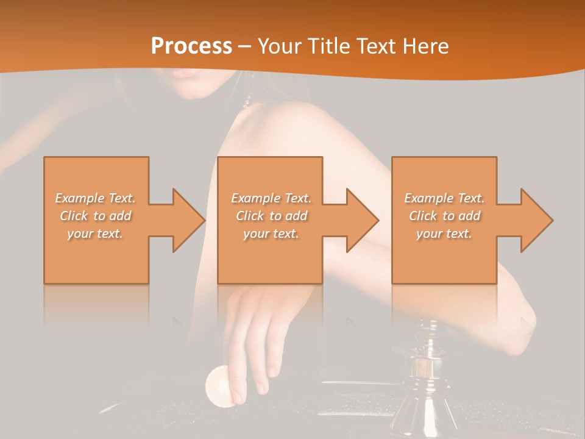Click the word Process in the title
pos(191,46)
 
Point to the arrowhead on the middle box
pos(361,220)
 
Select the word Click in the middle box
pos(250,216)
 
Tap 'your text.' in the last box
pos(444,234)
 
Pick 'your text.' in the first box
pos(95,234)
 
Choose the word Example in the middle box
pos(255,198)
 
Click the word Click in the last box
pos(423,216)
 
